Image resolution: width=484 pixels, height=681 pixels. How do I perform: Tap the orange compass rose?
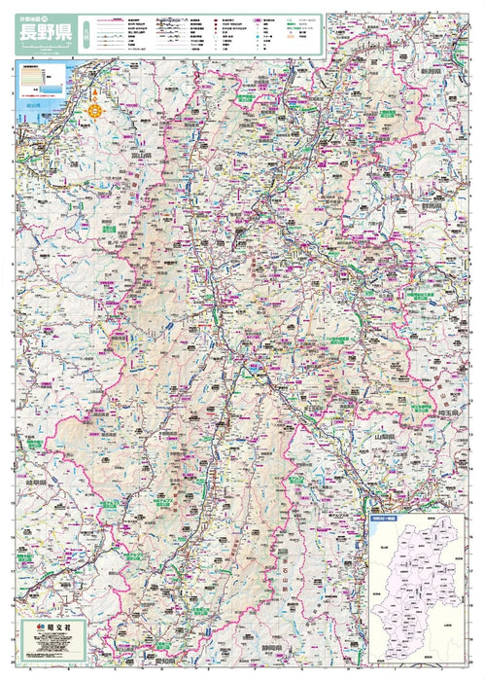click(x=95, y=109)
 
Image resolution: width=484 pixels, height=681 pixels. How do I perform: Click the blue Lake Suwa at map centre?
click(x=252, y=368)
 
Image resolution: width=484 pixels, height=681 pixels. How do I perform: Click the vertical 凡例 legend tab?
click(x=86, y=34)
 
